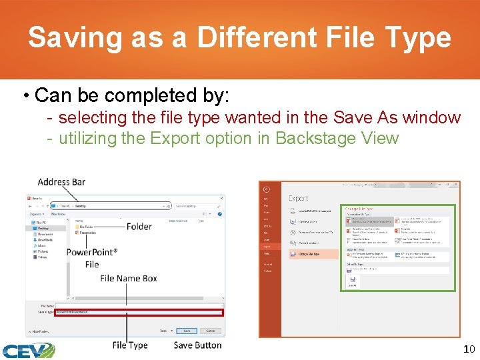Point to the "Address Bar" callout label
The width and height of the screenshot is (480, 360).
pos(61,182)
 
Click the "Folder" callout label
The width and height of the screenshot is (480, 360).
pos(139,227)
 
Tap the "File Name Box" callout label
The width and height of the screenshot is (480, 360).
pos(128,278)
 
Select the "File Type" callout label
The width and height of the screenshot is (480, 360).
pos(129,345)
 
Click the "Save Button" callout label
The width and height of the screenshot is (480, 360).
pos(197,345)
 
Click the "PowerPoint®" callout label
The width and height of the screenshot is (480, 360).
pos(92,252)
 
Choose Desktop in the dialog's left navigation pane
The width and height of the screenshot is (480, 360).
pos(43,228)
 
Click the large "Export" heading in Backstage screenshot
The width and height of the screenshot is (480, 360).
pos(299,198)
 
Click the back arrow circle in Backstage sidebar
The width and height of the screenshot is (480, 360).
pos(266,189)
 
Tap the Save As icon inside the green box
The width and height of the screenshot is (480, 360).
pos(352,281)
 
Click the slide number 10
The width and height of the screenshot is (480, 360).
pos(468,350)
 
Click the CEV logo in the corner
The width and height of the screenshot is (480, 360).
pos(27,350)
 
